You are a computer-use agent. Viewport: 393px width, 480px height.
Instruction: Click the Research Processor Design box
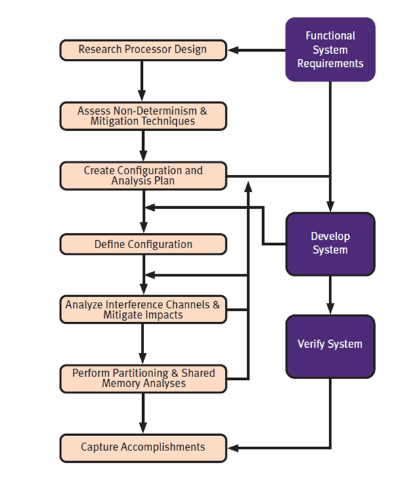coord(143,50)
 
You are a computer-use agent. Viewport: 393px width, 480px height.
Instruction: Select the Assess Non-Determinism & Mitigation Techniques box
coord(143,116)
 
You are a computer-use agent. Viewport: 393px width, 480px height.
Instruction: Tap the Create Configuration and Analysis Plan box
coord(143,175)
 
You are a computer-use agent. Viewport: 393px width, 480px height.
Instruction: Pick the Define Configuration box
coord(143,244)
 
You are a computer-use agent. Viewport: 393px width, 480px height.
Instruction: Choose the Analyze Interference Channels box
coord(143,309)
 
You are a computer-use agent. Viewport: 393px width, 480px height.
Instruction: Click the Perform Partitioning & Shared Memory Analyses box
coord(143,378)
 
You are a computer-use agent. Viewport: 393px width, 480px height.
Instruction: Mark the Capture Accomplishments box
coord(143,447)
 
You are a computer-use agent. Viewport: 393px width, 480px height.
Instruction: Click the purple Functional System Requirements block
coord(330,50)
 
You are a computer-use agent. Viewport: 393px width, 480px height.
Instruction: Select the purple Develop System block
coord(330,243)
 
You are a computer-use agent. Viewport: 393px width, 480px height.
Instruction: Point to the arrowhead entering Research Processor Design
coord(232,50)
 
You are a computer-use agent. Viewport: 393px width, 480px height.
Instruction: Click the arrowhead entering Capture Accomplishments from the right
coord(232,448)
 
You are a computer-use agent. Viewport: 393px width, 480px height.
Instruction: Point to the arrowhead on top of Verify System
coord(330,310)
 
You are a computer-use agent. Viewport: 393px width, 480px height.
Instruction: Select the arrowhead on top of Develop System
coord(330,208)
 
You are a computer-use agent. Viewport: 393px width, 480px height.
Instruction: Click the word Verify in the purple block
coord(312,344)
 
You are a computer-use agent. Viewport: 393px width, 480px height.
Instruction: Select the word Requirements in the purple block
coord(330,64)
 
